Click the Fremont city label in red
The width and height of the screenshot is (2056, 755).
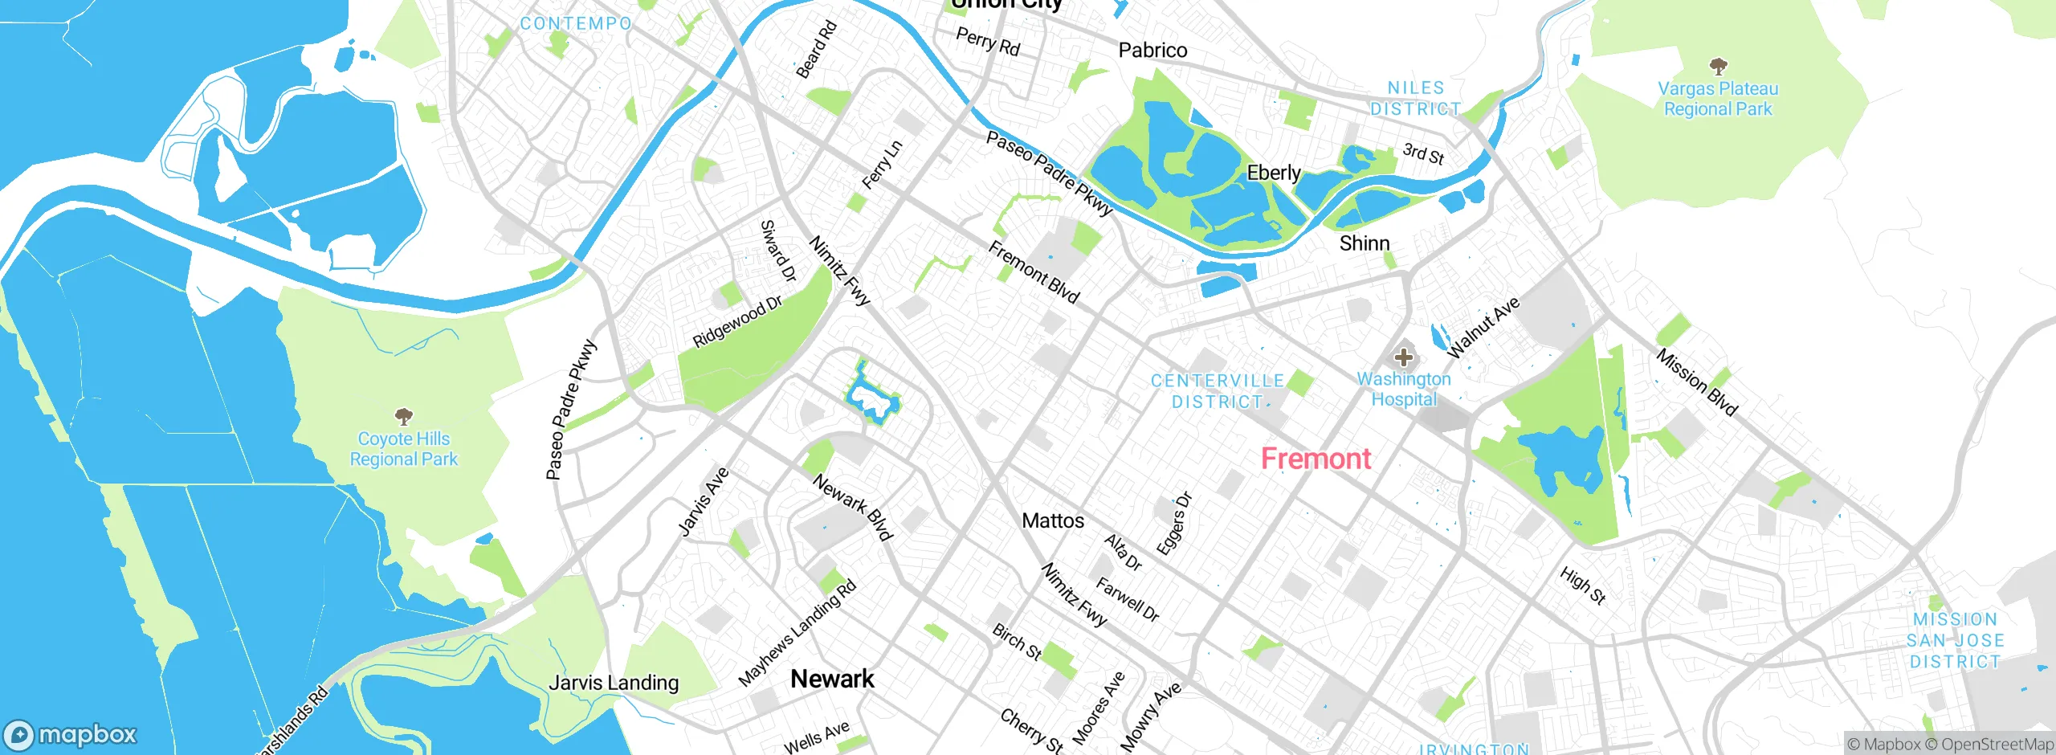(x=1316, y=459)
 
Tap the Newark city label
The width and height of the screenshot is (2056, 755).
(x=832, y=679)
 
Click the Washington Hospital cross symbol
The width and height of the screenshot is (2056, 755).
(x=1403, y=357)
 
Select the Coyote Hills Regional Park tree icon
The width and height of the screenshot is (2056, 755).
(x=404, y=416)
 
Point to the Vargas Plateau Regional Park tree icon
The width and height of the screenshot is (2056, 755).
(x=1718, y=66)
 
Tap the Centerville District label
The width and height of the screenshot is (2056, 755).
(x=1217, y=391)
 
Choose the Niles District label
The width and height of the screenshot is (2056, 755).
(x=1415, y=98)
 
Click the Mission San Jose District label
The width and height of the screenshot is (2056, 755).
(x=1955, y=640)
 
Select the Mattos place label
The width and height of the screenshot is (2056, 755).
(x=1053, y=520)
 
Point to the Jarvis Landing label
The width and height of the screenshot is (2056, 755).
(x=614, y=683)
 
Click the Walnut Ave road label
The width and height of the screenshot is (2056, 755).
(x=1483, y=327)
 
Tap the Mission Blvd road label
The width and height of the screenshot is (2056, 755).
(x=1696, y=382)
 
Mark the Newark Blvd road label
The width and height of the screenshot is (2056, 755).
(x=852, y=508)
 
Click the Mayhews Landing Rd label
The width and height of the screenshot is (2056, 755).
(x=797, y=633)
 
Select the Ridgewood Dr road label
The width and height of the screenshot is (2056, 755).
(x=737, y=321)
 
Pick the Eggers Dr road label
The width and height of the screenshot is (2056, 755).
(x=1174, y=523)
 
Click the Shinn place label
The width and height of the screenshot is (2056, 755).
(x=1364, y=243)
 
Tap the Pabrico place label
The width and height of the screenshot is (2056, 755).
(x=1152, y=50)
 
